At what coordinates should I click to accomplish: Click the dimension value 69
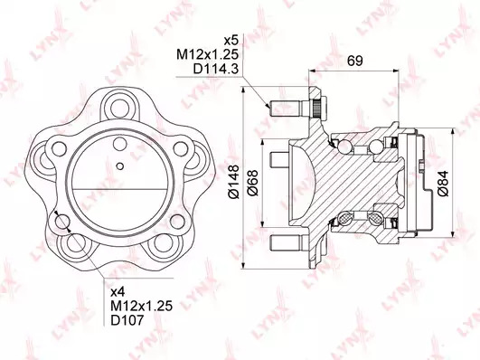click(354, 61)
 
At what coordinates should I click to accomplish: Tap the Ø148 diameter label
click(234, 182)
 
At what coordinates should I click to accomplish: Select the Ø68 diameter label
click(253, 183)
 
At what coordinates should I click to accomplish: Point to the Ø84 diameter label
click(443, 183)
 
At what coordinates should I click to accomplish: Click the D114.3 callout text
click(215, 69)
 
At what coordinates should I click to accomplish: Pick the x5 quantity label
click(231, 40)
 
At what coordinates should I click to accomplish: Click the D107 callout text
click(127, 320)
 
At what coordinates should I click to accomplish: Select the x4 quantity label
click(118, 292)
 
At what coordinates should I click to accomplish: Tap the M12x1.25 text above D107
click(141, 306)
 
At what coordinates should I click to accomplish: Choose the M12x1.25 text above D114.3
click(207, 54)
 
